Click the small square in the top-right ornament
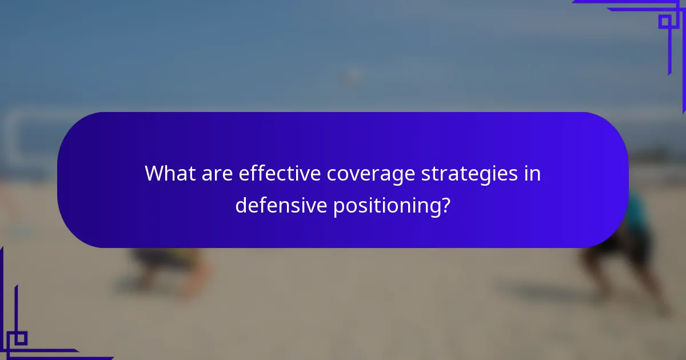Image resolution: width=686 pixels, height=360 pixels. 664,22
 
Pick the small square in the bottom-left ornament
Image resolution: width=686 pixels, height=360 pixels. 21,338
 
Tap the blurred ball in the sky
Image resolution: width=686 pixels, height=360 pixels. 350,76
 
